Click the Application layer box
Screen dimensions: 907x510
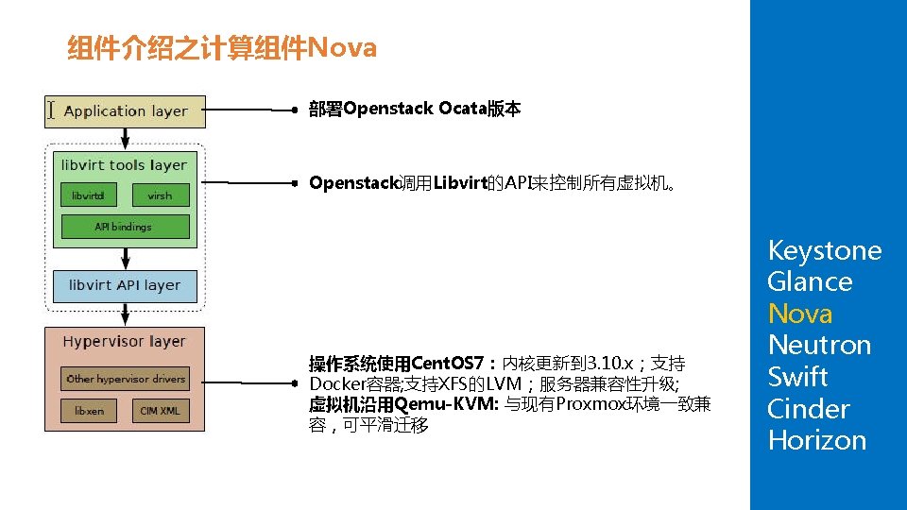pyautogui.click(x=126, y=111)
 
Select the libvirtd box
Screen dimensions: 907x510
pyautogui.click(x=88, y=195)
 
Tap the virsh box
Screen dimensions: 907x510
pyautogui.click(x=161, y=195)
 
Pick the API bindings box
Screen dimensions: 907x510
pyautogui.click(x=125, y=227)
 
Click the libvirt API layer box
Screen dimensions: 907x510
pyautogui.click(x=125, y=285)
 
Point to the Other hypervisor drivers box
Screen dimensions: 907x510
pyautogui.click(x=126, y=379)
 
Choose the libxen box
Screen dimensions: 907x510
pyautogui.click(x=89, y=412)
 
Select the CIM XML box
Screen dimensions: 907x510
pyautogui.click(x=160, y=412)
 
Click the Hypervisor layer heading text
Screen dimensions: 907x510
pyautogui.click(x=125, y=342)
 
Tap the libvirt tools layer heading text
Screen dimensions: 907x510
pyautogui.click(x=125, y=165)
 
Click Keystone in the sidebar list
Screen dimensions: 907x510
pyautogui.click(x=824, y=250)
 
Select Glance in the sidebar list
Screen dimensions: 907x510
pyautogui.click(x=810, y=281)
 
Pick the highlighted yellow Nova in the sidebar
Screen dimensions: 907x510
pyautogui.click(x=799, y=314)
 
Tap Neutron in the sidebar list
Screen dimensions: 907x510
pyautogui.click(x=818, y=345)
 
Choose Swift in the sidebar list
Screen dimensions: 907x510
pyautogui.click(x=797, y=377)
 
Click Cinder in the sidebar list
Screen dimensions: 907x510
pyautogui.click(x=808, y=409)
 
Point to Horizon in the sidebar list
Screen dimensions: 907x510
pyautogui.click(x=816, y=440)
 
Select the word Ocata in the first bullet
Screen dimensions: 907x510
pyautogui.click(x=462, y=109)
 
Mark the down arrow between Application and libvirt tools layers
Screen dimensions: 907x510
pyautogui.click(x=126, y=136)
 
